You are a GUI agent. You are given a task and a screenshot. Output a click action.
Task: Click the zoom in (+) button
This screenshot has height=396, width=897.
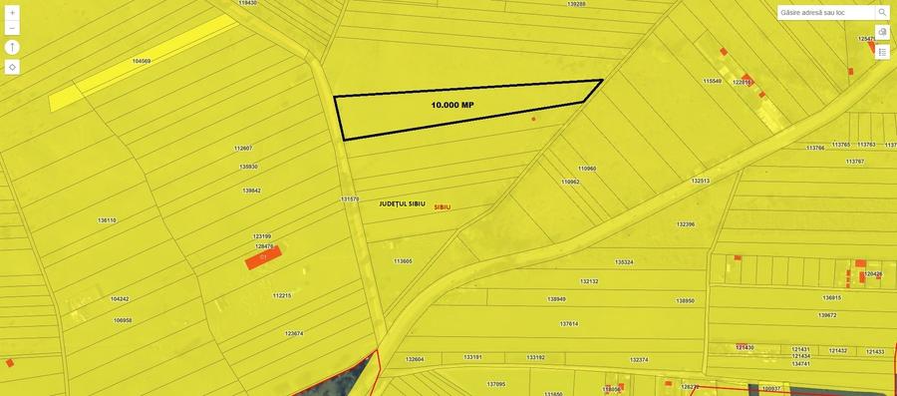(x=12, y=13)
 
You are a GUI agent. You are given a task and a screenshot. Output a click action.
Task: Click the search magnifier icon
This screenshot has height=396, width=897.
(x=882, y=13)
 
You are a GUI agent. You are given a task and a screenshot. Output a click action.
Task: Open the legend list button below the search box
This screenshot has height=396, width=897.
(x=882, y=52)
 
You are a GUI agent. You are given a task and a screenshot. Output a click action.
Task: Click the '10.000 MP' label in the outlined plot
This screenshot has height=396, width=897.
(x=452, y=105)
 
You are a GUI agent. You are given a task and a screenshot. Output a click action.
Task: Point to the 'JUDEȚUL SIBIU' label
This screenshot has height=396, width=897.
(x=403, y=203)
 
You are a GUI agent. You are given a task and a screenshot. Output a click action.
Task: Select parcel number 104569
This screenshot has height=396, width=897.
(x=142, y=61)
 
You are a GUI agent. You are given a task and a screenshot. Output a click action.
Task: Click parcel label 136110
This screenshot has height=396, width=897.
(x=107, y=219)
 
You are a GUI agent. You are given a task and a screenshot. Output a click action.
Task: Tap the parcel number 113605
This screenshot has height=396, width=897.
(x=403, y=261)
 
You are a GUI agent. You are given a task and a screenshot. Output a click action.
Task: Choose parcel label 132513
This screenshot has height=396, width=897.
(x=701, y=181)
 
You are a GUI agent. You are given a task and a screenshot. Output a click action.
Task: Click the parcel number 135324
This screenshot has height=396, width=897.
(x=624, y=262)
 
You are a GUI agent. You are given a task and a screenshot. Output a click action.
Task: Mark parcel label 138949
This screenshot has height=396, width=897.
(x=556, y=299)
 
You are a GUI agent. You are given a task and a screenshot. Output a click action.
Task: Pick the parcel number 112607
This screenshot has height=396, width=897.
(x=243, y=149)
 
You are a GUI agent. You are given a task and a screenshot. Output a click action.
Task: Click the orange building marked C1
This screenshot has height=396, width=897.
(x=264, y=258)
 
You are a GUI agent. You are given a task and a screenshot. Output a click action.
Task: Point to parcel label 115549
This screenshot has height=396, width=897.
(x=712, y=81)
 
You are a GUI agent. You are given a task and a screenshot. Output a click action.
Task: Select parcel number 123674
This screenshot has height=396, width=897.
(x=294, y=333)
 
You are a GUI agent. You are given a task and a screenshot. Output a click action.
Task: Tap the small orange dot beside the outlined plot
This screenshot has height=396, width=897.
(x=533, y=120)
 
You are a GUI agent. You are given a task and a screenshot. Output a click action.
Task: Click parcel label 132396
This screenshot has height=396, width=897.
(x=686, y=224)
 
